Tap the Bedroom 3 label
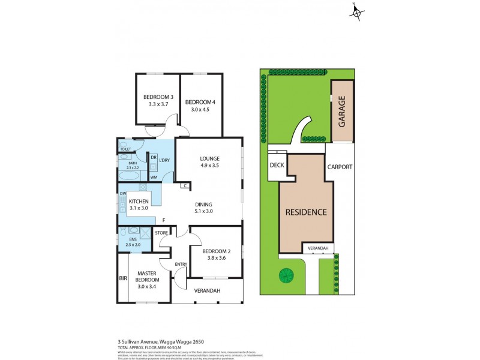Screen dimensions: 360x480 (158, 97)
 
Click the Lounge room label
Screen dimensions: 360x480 (210, 159)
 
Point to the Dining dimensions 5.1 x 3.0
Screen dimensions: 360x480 (204, 211)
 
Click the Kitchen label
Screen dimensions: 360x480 (139, 201)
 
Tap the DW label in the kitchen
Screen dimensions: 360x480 (122, 193)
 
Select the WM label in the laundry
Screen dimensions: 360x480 (154, 177)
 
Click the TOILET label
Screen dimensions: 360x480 (125, 149)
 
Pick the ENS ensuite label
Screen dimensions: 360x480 (125, 239)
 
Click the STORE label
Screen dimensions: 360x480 (161, 233)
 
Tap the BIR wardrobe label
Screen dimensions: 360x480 (123, 278)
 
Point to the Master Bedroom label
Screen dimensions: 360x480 (147, 276)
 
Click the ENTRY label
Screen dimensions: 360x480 (181, 264)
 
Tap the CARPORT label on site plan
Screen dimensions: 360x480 (340, 167)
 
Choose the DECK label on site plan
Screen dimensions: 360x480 (277, 164)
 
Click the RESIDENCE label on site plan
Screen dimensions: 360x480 (305, 212)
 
